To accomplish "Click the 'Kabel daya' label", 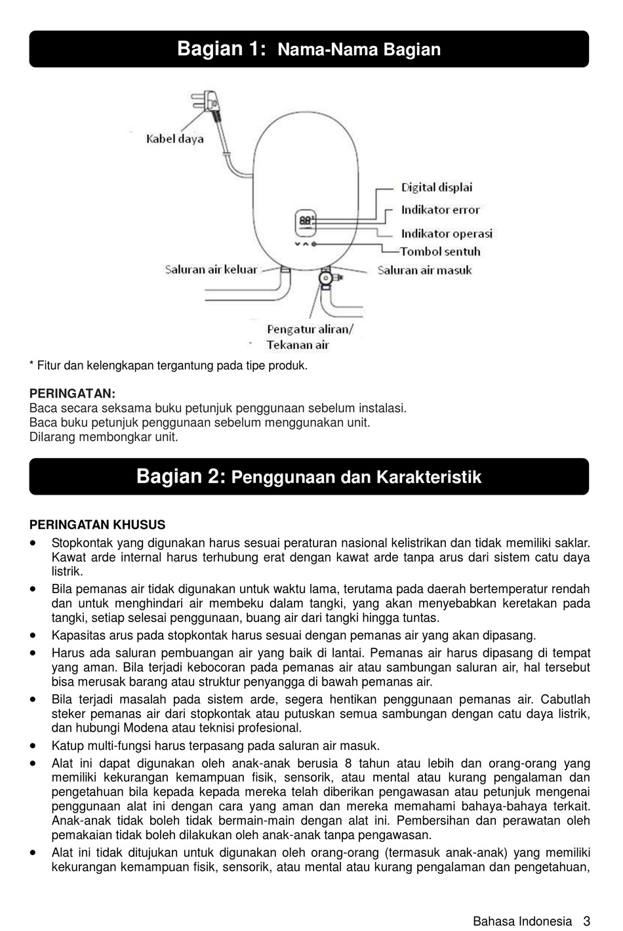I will (x=174, y=139).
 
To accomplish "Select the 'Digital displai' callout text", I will (x=436, y=188).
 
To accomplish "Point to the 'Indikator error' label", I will (x=440, y=211).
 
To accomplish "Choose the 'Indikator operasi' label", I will (x=446, y=234).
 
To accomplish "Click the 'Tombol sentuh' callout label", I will (x=439, y=251).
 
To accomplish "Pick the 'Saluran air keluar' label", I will (x=211, y=270).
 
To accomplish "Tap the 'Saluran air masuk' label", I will (x=424, y=270).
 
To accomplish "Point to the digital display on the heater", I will (x=306, y=221).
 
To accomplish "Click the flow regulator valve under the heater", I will (x=325, y=279).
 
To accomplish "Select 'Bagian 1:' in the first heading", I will (x=222, y=49).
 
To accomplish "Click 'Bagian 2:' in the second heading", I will (x=181, y=476).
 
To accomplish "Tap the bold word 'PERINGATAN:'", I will (x=72, y=394).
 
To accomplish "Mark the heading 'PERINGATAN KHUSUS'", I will (x=97, y=525).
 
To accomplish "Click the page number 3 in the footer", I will (x=587, y=921).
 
